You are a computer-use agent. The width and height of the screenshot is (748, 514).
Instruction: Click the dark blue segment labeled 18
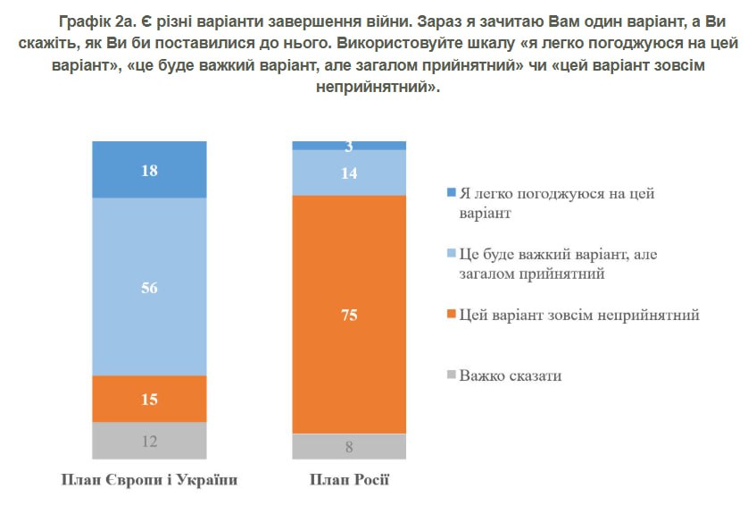point(149,170)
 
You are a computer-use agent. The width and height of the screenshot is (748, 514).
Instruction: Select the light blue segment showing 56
point(149,286)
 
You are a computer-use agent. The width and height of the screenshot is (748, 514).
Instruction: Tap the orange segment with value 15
point(149,399)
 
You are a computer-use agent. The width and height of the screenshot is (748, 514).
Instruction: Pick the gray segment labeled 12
point(149,441)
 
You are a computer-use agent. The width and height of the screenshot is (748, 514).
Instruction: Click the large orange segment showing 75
point(349,313)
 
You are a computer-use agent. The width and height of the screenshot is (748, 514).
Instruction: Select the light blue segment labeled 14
point(349,173)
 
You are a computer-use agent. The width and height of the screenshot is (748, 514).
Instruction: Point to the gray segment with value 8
point(349,446)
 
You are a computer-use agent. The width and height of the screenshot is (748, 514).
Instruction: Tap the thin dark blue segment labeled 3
point(349,146)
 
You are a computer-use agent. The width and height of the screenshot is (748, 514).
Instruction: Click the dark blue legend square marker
point(451,193)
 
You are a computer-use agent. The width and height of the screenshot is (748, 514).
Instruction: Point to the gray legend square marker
point(451,375)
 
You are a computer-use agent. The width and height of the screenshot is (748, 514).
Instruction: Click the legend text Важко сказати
point(511,375)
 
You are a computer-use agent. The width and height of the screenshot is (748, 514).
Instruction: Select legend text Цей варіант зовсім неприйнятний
point(578,316)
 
